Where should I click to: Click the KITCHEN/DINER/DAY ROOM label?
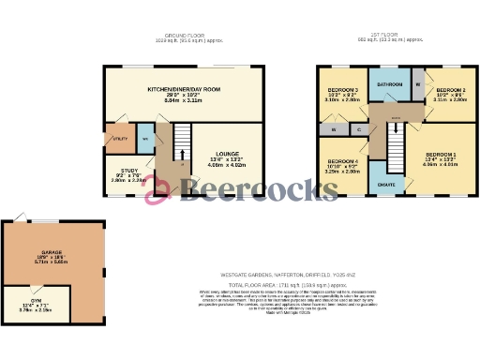click(x=183, y=89)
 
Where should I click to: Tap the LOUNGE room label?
click(x=227, y=153)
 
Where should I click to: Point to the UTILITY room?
click(x=119, y=138)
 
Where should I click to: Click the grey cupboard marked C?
click(x=360, y=129)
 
